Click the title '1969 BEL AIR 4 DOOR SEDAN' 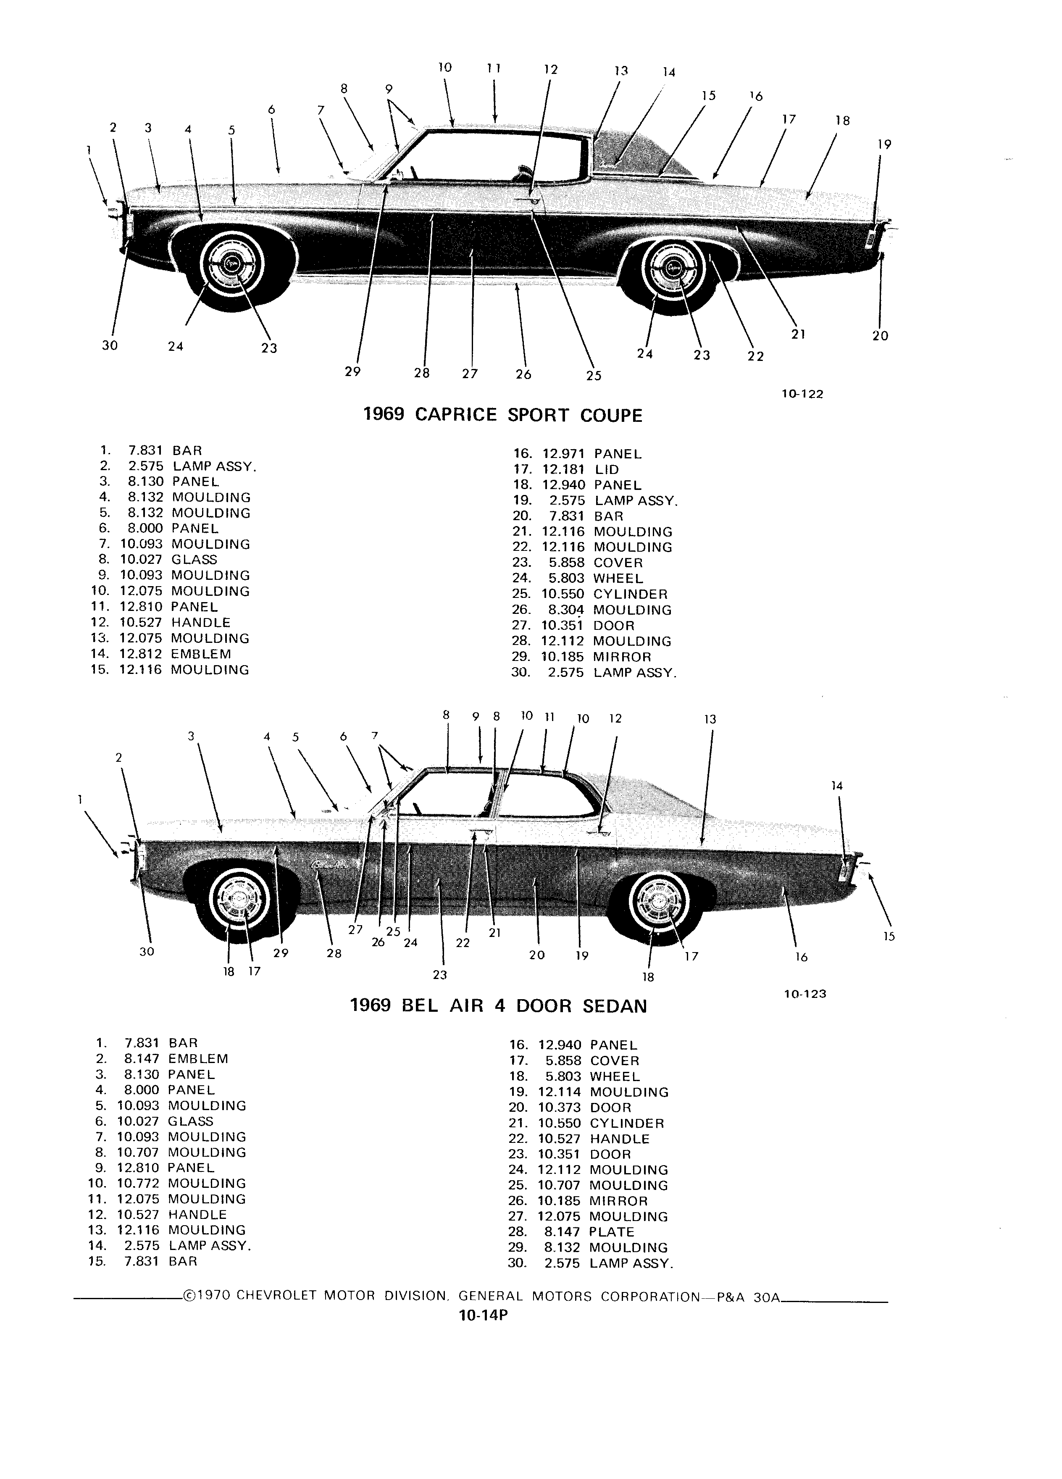[499, 1005]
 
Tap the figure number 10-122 [802, 394]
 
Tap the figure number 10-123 [805, 994]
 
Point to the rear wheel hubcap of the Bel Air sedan [659, 902]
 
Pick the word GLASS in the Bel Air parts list [190, 1121]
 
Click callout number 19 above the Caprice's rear [884, 145]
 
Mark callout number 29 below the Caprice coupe [353, 372]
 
